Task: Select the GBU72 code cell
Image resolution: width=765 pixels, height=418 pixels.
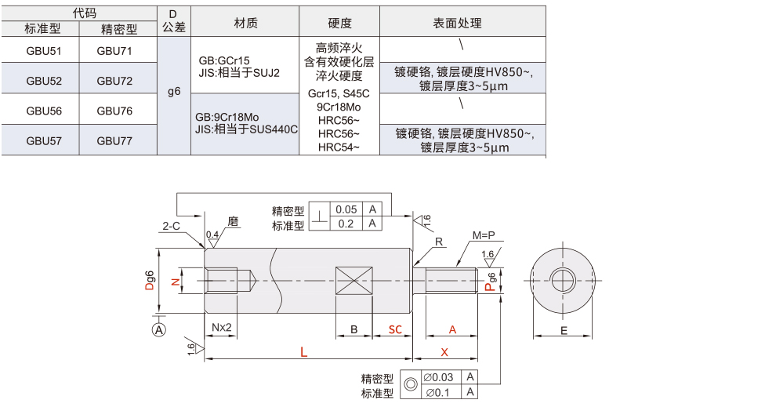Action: pos(114,80)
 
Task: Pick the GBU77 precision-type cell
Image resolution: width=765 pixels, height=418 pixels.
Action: pos(114,141)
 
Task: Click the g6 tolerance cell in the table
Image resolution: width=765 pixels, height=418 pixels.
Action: pos(174,92)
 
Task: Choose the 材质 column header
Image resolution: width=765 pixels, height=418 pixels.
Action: pos(245,24)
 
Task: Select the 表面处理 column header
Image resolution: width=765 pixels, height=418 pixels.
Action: pos(462,24)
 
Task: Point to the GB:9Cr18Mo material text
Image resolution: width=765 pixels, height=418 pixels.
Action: pos(229,117)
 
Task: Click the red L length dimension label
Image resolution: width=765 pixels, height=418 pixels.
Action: pos(304,353)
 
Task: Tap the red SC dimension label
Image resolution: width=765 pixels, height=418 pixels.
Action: pos(397,330)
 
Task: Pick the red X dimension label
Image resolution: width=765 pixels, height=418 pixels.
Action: pos(444,353)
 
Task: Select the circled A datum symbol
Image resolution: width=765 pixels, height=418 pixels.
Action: pos(159,330)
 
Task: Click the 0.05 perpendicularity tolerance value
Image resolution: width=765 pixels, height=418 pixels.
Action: pos(346,209)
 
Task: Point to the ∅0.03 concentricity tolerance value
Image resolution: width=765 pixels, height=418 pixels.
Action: pos(438,377)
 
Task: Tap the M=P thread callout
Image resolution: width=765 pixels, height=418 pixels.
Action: pos(485,235)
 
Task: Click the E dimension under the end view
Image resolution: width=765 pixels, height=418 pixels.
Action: pos(564,331)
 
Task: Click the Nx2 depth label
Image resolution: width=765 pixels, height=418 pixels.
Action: pos(221,327)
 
